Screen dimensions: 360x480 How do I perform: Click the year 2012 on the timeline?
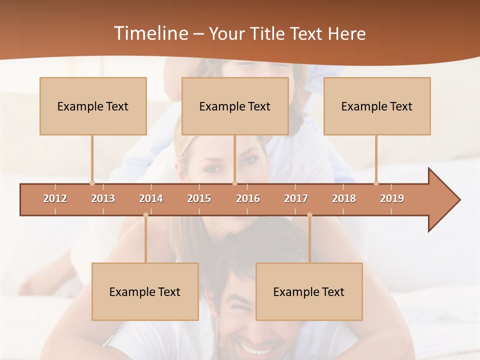(55, 198)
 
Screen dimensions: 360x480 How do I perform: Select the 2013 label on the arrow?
(103, 198)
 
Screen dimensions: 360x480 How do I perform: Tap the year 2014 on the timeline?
(151, 198)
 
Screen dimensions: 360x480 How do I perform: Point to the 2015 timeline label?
(199, 198)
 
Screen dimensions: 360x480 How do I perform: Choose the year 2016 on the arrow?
(248, 198)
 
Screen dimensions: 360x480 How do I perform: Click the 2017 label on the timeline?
(296, 198)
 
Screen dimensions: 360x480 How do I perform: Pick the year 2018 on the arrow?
(344, 198)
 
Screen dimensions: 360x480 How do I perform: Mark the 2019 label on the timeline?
(392, 198)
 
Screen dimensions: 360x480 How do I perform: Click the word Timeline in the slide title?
(149, 33)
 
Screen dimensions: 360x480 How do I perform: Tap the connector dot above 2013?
(92, 183)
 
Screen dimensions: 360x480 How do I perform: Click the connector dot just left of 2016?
(235, 183)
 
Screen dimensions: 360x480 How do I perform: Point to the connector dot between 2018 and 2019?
(376, 183)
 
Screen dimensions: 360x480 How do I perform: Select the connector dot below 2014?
(145, 215)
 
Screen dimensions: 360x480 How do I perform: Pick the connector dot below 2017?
(309, 215)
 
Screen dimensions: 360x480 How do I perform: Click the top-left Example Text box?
(93, 106)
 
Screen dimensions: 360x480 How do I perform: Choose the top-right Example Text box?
(377, 106)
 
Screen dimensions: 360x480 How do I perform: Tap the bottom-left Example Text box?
(145, 291)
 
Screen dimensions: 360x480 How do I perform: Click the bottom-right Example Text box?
(309, 291)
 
